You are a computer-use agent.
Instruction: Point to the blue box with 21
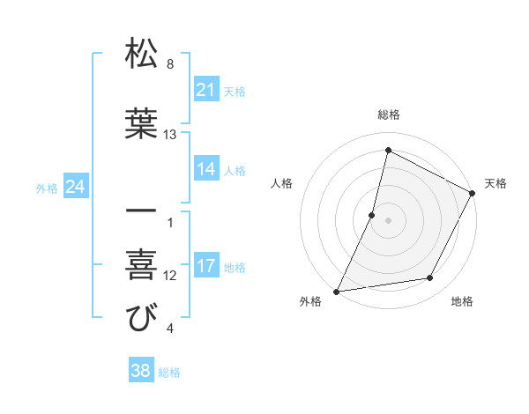tap(206, 90)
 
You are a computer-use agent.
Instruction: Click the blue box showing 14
tap(206, 169)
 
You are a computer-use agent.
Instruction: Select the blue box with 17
tap(206, 267)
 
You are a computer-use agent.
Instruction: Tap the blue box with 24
tap(76, 187)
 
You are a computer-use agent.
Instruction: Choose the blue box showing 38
tap(141, 372)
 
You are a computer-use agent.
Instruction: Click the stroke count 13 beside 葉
tap(171, 135)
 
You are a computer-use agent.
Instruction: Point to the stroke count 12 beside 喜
tap(170, 276)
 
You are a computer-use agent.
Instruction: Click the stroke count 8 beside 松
tap(170, 64)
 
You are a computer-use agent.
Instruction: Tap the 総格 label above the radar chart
tap(389, 115)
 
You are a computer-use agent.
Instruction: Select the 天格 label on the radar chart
tap(496, 183)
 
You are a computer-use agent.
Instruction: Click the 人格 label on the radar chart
tap(282, 183)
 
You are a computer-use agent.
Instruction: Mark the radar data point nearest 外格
tap(337, 291)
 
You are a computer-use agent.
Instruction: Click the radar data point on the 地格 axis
tap(430, 278)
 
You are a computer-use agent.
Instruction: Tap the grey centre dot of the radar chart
tap(388, 220)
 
